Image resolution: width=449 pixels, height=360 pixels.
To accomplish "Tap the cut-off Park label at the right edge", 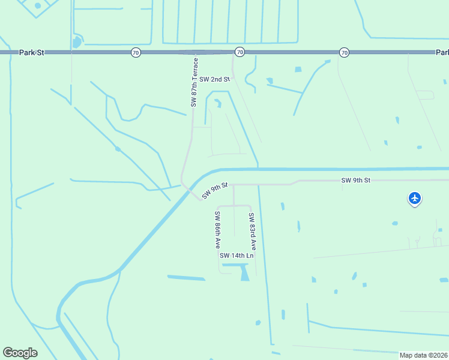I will pyautogui.click(x=442, y=53).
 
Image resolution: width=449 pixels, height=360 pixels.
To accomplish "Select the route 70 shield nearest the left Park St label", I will pyautogui.click(x=136, y=53).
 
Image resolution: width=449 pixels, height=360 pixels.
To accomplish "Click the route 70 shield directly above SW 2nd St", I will pyautogui.click(x=240, y=53).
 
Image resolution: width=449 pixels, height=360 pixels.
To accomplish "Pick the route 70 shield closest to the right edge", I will pyautogui.click(x=344, y=53).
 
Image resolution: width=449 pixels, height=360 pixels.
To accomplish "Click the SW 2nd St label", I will pyautogui.click(x=214, y=79).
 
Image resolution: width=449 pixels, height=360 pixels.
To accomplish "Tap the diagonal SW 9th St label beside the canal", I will pyautogui.click(x=215, y=190).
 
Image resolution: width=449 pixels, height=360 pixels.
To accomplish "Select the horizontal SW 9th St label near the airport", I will pyautogui.click(x=356, y=180).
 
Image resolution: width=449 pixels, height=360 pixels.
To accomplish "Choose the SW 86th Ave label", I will pyautogui.click(x=218, y=230).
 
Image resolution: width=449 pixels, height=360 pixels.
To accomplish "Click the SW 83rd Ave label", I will pyautogui.click(x=253, y=232).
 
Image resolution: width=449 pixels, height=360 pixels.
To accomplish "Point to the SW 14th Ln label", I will pyautogui.click(x=237, y=256).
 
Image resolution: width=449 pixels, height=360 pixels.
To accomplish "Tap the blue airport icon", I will pyautogui.click(x=414, y=197).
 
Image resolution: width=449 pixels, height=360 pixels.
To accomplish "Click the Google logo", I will pyautogui.click(x=20, y=353).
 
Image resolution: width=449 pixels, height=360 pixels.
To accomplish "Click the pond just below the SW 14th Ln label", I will pyautogui.click(x=244, y=274).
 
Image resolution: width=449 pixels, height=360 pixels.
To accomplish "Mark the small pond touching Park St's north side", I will pyautogui.click(x=76, y=43).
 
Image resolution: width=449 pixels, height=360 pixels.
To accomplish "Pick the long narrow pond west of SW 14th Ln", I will pyautogui.click(x=186, y=278).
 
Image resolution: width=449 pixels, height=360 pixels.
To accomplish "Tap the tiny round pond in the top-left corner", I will pyautogui.click(x=38, y=5).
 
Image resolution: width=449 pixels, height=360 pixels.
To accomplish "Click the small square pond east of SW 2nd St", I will pyautogui.click(x=298, y=70).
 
